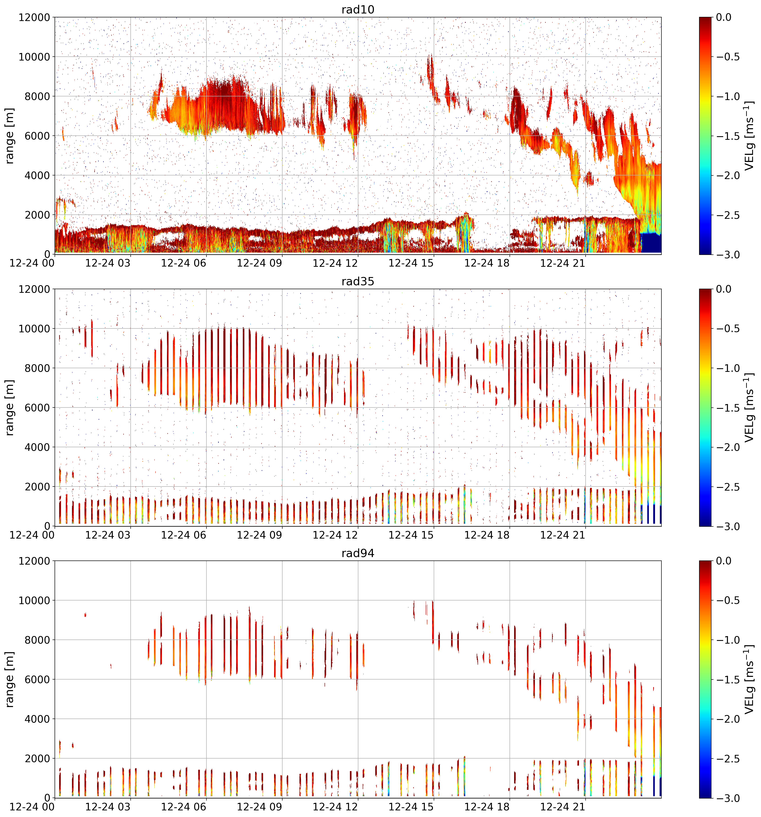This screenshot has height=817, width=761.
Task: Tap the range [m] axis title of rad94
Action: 9,679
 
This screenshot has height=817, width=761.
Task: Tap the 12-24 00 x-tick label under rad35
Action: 32,535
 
